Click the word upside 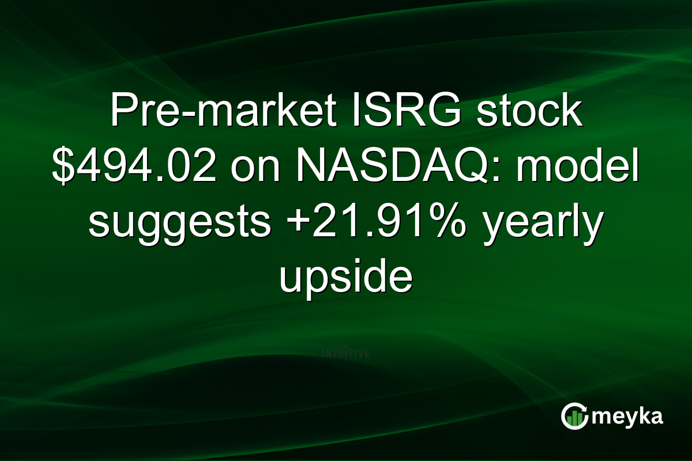pyautogui.click(x=346, y=279)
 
